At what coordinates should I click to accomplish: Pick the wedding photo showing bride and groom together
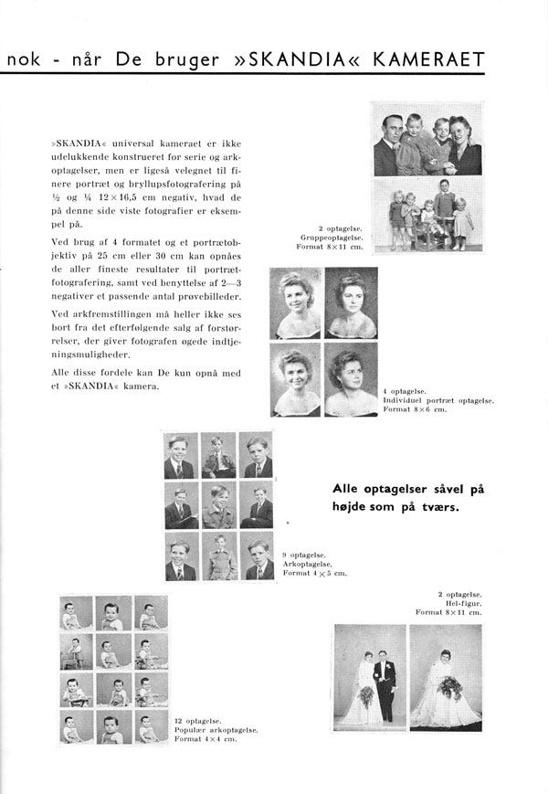[368, 675]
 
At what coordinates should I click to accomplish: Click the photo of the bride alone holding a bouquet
[445, 675]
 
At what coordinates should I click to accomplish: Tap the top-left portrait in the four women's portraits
[296, 302]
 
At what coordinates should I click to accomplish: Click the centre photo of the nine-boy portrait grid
[219, 506]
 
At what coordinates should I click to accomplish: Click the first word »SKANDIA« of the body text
[75, 144]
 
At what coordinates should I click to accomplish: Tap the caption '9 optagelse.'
[300, 555]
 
